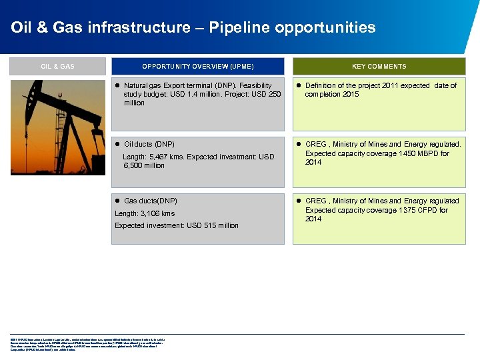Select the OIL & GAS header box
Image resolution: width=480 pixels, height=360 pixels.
[x=57, y=66]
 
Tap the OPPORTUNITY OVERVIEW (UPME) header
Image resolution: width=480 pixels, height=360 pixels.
[x=197, y=66]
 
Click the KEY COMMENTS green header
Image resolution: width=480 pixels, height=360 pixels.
[x=379, y=66]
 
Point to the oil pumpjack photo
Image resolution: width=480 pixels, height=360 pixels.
[x=57, y=127]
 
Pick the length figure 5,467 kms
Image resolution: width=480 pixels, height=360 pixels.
[x=167, y=157]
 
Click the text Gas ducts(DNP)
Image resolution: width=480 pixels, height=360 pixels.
[x=151, y=201]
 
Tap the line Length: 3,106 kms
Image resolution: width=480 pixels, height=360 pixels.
[x=145, y=213]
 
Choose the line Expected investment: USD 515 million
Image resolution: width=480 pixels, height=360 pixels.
[x=176, y=225]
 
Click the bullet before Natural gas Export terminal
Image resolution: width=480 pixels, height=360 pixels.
[x=117, y=86]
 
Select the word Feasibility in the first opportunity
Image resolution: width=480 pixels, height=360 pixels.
[x=255, y=85]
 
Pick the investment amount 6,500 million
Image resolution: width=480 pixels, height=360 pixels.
[x=144, y=165]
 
